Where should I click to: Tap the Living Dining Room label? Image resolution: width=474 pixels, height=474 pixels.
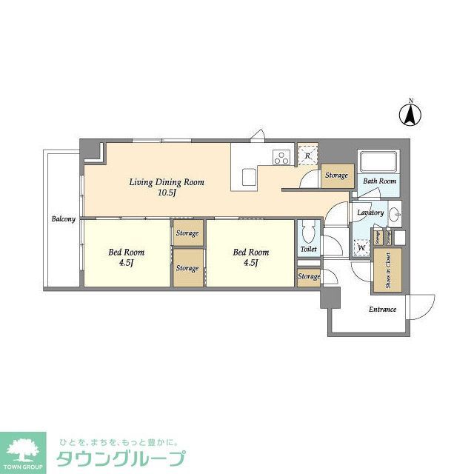point(167,187)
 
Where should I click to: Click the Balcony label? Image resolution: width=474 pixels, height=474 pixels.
point(64,219)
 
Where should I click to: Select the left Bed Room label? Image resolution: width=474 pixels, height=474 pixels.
point(126,256)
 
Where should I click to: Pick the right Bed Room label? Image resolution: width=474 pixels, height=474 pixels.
point(250,256)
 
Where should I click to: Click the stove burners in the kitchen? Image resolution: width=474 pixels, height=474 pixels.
point(281,156)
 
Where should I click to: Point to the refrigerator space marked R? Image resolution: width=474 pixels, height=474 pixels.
point(307,156)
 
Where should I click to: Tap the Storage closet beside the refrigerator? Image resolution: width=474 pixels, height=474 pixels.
point(336,176)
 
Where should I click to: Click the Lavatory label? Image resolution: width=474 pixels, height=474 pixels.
point(370,213)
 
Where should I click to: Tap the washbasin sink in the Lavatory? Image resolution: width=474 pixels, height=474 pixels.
point(393,213)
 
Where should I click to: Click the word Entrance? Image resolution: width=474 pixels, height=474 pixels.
point(382,310)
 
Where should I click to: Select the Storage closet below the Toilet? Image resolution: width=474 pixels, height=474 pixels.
point(309,276)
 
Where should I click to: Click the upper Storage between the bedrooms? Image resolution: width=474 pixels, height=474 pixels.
point(187,233)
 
